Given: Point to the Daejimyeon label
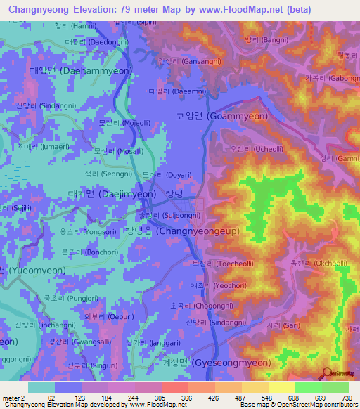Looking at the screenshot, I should coord(111,194).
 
